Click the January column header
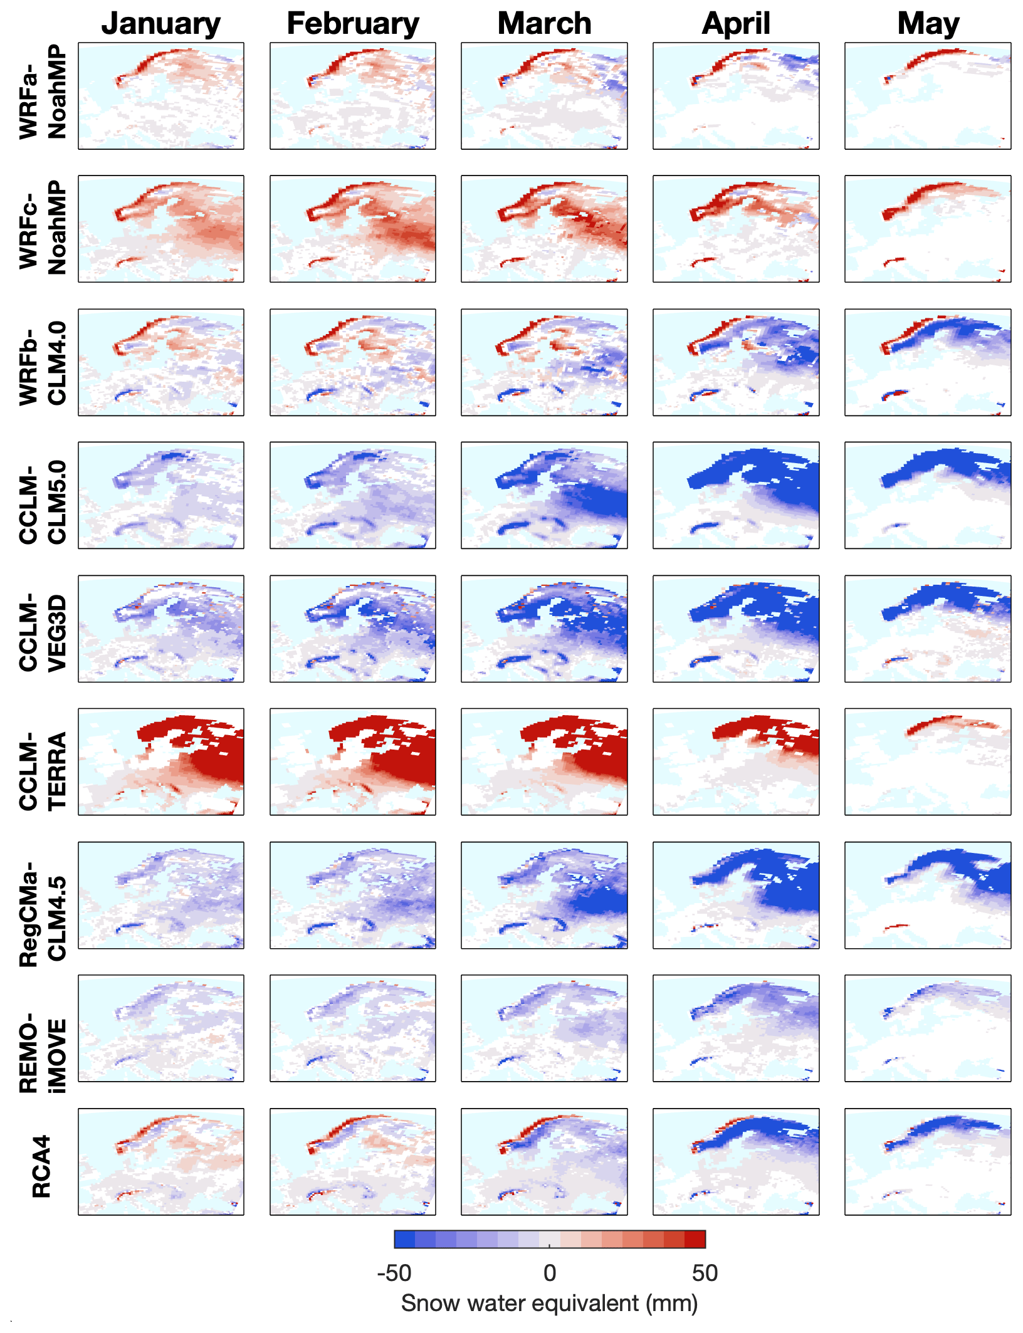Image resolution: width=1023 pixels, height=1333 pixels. pyautogui.click(x=160, y=24)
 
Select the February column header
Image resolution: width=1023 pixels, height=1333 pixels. pyautogui.click(x=353, y=24)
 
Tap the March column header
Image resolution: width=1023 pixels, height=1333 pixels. pyautogui.click(x=544, y=24)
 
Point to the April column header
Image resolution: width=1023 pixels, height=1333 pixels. pyautogui.click(x=736, y=24)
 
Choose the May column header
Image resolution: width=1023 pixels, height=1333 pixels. pyautogui.click(x=928, y=24)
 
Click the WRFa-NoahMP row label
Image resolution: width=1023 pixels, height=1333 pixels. pyautogui.click(x=43, y=92)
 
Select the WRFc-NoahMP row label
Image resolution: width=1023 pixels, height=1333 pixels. pyautogui.click(x=43, y=227)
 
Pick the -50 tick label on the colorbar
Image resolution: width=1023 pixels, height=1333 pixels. pyautogui.click(x=394, y=1273)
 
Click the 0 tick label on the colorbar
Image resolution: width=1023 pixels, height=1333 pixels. pyautogui.click(x=550, y=1273)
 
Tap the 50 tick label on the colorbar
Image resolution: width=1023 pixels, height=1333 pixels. pyautogui.click(x=705, y=1273)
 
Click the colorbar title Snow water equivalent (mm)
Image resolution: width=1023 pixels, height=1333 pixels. pyautogui.click(x=549, y=1303)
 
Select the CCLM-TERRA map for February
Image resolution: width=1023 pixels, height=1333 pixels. pyautogui.click(x=353, y=761)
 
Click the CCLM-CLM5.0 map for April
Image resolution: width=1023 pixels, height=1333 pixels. pyautogui.click(x=736, y=495)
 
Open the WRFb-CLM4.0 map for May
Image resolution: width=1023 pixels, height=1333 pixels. pyautogui.click(x=928, y=362)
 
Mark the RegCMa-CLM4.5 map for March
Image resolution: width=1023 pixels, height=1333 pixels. pyautogui.click(x=544, y=895)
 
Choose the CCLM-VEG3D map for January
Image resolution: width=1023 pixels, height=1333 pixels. pyautogui.click(x=161, y=629)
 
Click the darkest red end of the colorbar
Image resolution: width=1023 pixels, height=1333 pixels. pyautogui.click(x=696, y=1239)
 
